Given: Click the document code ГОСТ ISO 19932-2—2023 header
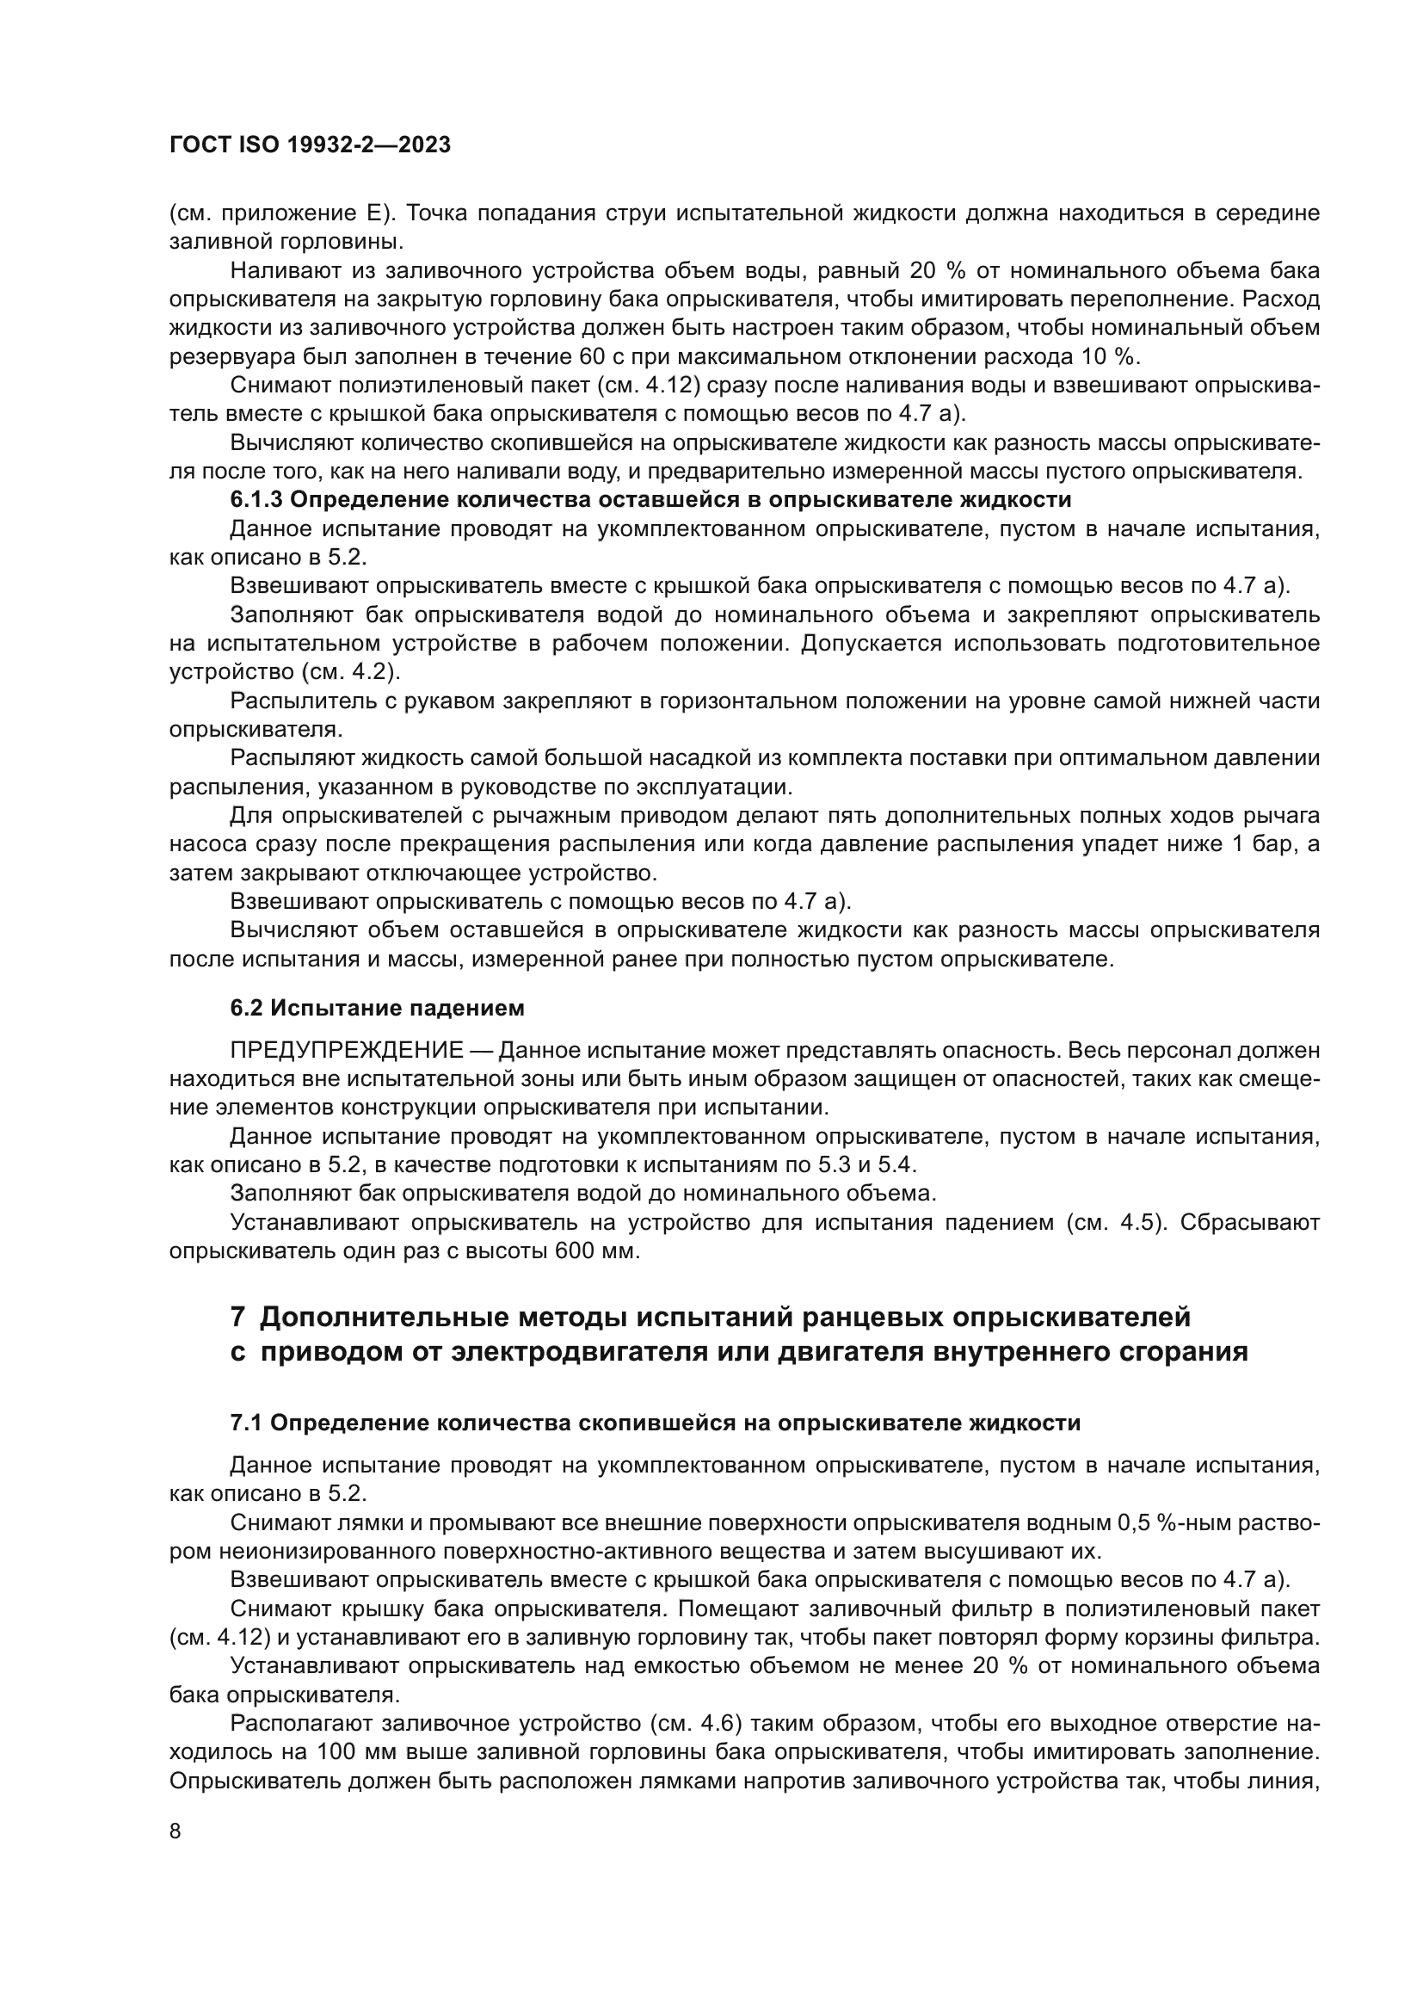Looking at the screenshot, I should click(310, 145).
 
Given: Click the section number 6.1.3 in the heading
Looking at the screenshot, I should click(256, 500).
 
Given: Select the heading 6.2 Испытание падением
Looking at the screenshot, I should click(377, 1009).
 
